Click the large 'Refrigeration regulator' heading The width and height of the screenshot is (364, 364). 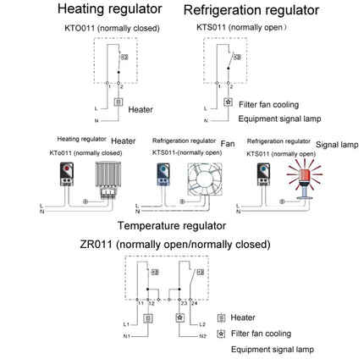251,11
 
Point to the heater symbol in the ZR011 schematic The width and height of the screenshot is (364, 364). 148,319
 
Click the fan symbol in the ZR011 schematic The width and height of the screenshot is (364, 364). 179,319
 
